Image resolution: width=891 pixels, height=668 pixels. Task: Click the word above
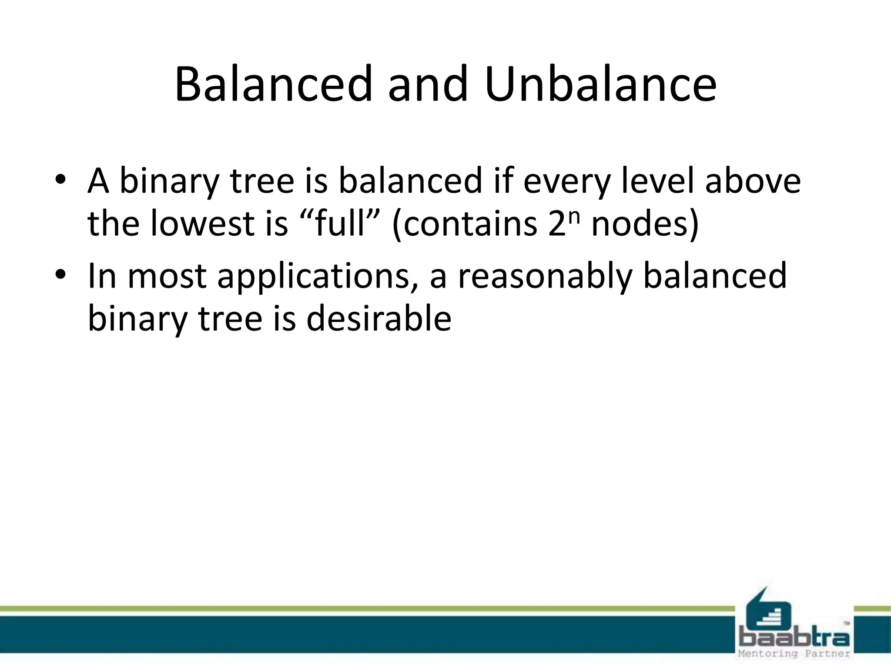click(752, 180)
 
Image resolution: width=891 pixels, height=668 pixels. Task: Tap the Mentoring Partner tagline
click(794, 654)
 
